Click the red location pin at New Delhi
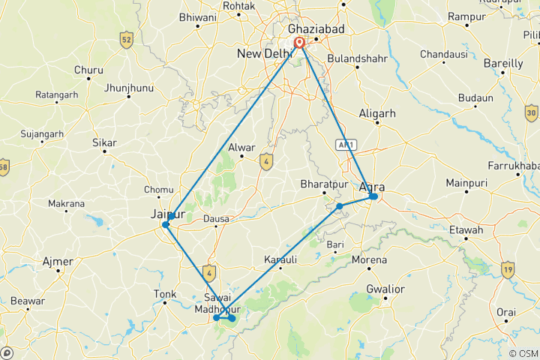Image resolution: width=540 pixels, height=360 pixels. click(x=299, y=43)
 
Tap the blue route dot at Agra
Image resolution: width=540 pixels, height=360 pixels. click(x=373, y=196)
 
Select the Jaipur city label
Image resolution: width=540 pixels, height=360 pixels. click(x=168, y=214)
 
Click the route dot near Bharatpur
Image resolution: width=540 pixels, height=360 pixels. click(x=340, y=205)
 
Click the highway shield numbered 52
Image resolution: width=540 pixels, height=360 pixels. click(x=127, y=40)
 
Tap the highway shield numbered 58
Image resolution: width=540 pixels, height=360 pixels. click(x=3, y=166)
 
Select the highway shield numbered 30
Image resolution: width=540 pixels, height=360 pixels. click(x=532, y=113)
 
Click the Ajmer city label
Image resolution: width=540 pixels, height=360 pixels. click(x=58, y=262)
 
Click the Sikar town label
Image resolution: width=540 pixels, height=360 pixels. click(x=103, y=141)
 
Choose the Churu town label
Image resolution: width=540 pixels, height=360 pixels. click(x=88, y=70)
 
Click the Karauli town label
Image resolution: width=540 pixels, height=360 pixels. click(x=280, y=259)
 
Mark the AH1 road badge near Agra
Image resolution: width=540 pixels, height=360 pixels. click(x=346, y=145)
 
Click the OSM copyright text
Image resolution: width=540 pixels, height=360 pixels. click(x=522, y=353)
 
